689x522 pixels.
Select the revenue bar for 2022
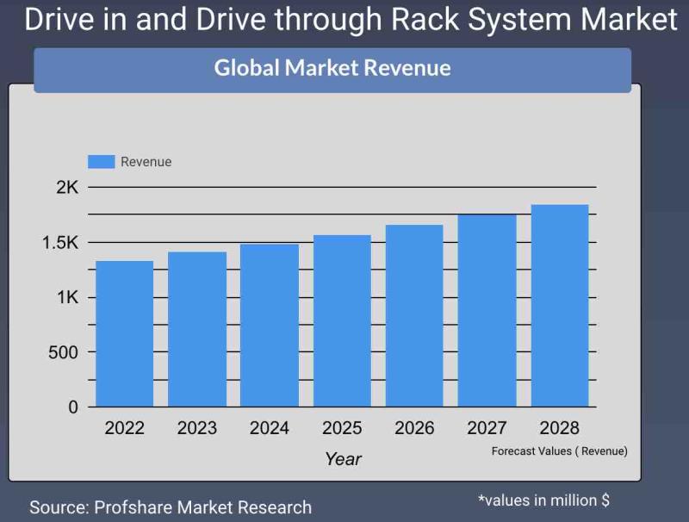[x=125, y=334]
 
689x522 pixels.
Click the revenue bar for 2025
[x=342, y=320]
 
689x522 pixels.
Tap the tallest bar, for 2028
[x=560, y=306]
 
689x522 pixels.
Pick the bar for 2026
[x=414, y=315]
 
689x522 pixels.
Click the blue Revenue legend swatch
[x=102, y=162]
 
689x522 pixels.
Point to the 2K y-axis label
[x=67, y=187]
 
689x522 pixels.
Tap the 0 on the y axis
[x=73, y=407]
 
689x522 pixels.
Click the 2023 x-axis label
[x=197, y=428]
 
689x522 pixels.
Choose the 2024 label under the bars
[x=270, y=428]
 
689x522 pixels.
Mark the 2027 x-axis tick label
[x=487, y=428]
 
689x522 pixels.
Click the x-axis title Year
[x=343, y=459]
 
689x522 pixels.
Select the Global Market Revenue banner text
[x=332, y=68]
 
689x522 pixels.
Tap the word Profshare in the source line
[x=136, y=507]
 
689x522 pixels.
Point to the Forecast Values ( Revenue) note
[x=559, y=451]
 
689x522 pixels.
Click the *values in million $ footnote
[x=543, y=500]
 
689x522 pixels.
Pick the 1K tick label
[x=67, y=297]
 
